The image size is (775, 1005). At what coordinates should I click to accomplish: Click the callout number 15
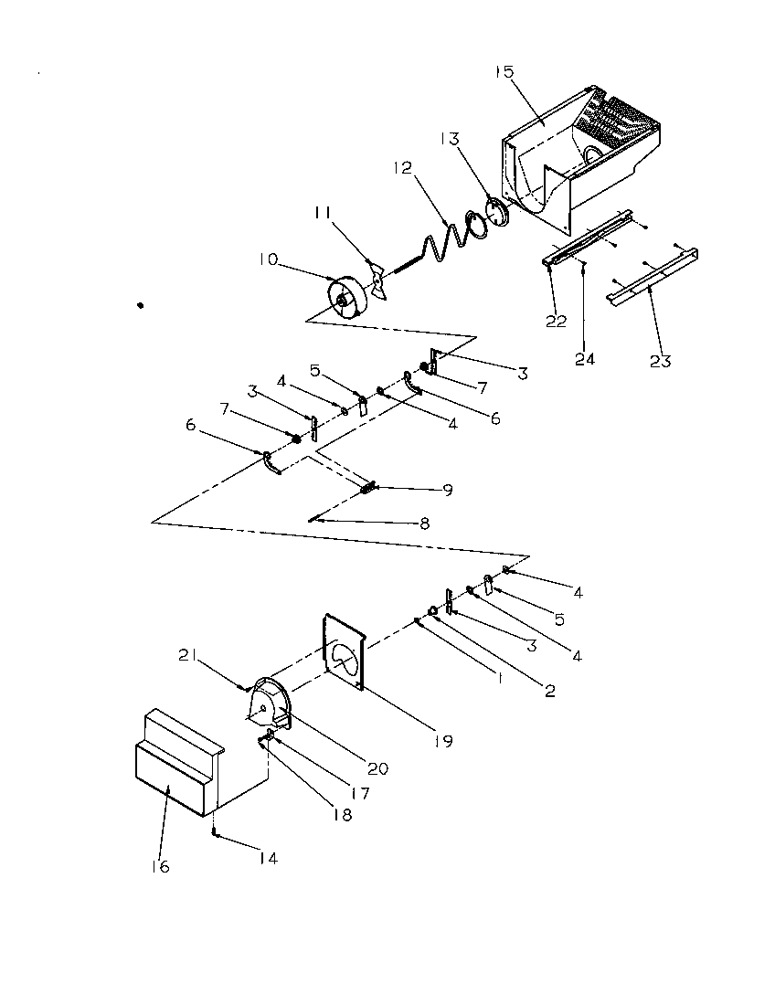pos(505,70)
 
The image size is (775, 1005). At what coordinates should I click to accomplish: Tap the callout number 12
pos(404,168)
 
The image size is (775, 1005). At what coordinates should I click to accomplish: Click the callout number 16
pos(160,866)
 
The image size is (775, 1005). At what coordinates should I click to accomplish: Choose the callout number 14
pos(267,858)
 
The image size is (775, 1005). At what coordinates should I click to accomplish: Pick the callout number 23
pos(660,361)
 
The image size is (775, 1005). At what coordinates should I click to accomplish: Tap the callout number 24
pos(585,359)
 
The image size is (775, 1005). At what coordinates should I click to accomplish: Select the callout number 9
pos(448,490)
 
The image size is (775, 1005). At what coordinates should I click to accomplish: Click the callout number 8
pos(421,524)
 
